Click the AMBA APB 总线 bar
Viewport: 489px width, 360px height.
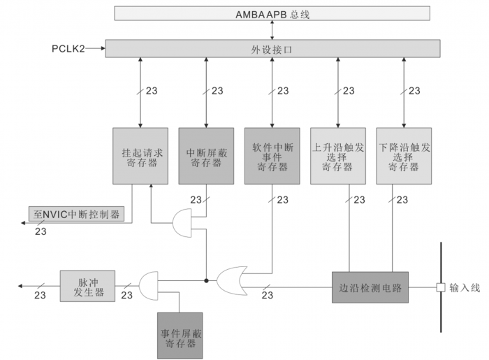(272, 13)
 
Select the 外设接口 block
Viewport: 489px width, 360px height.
(272, 48)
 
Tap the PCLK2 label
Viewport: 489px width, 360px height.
(68, 49)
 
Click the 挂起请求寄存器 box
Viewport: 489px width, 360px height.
(140, 156)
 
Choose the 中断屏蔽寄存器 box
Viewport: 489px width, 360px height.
(206, 156)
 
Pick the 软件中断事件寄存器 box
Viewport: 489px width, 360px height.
(272, 156)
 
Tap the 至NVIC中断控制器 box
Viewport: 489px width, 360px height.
(76, 214)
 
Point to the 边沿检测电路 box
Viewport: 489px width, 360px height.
(370, 287)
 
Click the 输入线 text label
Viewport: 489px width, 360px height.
(465, 287)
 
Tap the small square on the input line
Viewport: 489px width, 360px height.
(441, 287)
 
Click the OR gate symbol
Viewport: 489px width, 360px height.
(231, 280)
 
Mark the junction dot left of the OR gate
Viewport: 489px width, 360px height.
(206, 280)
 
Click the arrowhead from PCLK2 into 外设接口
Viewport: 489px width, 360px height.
(102, 49)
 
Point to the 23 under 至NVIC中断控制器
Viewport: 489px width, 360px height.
(41, 231)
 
